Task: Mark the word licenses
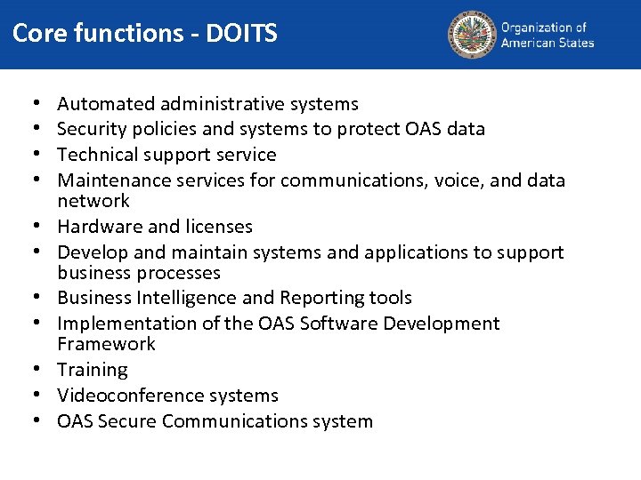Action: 216,227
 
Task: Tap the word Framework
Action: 106,344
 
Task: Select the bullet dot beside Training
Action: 41,370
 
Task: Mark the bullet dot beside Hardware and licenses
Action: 41,227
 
